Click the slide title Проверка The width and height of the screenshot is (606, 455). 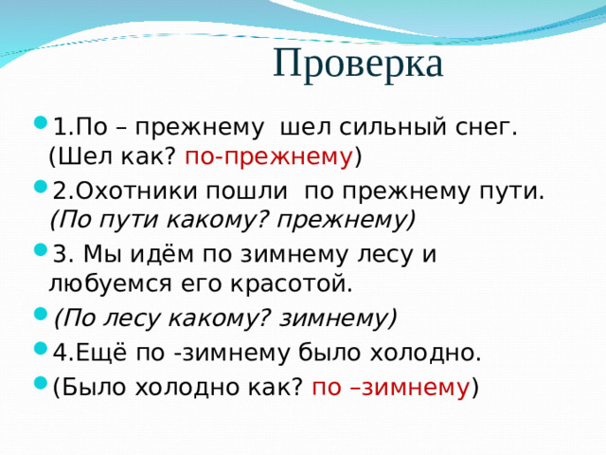(358, 64)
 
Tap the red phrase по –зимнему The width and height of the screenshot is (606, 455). (390, 387)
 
